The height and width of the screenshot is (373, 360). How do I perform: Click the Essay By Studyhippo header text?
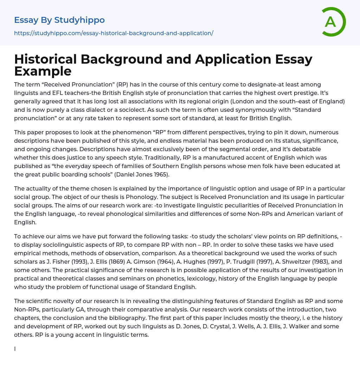tap(59, 20)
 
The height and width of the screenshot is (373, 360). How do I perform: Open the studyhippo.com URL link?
tap(114, 33)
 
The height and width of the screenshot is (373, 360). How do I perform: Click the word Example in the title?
tap(43, 71)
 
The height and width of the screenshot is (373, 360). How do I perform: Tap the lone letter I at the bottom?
tap(15, 349)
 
